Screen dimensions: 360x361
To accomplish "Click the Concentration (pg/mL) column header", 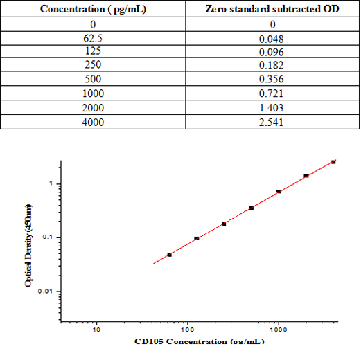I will [93, 9].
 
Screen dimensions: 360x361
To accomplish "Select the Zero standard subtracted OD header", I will [272, 9].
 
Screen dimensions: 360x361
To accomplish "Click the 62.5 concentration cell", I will [93, 37].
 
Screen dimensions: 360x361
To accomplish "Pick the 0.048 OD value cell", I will [272, 37].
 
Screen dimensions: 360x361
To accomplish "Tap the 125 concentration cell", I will [93, 51].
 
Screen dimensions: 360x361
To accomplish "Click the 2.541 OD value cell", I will [272, 123].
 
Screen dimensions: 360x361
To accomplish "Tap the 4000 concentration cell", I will [93, 123].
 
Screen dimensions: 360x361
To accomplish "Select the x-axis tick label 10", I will [97, 330].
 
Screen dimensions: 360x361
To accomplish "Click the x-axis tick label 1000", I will [278, 330].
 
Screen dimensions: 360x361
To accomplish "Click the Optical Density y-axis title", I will [28, 245].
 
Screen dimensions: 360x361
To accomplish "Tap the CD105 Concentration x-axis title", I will [200, 341].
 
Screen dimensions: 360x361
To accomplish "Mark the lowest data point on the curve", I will [169, 255].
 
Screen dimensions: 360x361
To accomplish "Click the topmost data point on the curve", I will [333, 162].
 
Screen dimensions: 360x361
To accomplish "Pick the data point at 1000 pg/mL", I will [279, 192].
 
